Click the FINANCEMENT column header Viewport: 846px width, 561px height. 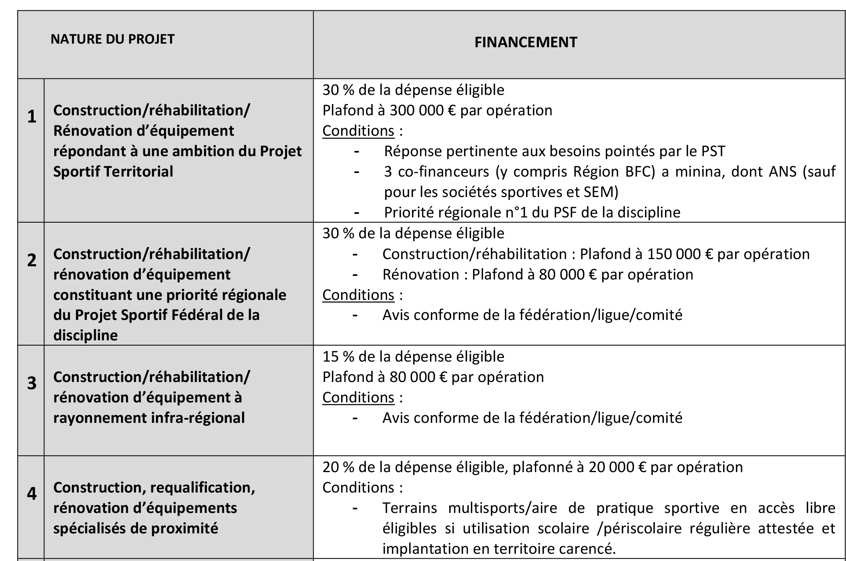click(x=525, y=42)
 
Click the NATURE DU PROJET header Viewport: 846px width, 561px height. click(x=113, y=39)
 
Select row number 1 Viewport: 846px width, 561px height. click(x=32, y=117)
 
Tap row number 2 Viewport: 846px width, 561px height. click(x=32, y=260)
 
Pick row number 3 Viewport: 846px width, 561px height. click(x=32, y=383)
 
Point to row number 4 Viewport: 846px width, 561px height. click(x=32, y=494)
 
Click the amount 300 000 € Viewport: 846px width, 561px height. click(x=422, y=111)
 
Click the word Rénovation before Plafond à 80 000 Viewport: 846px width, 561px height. click(x=421, y=275)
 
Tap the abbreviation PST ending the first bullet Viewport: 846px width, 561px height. click(x=713, y=151)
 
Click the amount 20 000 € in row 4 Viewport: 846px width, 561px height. click(x=617, y=467)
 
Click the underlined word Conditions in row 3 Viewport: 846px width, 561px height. click(x=358, y=398)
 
